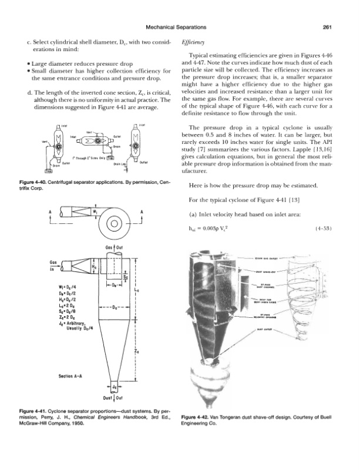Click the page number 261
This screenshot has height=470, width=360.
329,26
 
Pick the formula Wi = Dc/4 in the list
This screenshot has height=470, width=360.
61,287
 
